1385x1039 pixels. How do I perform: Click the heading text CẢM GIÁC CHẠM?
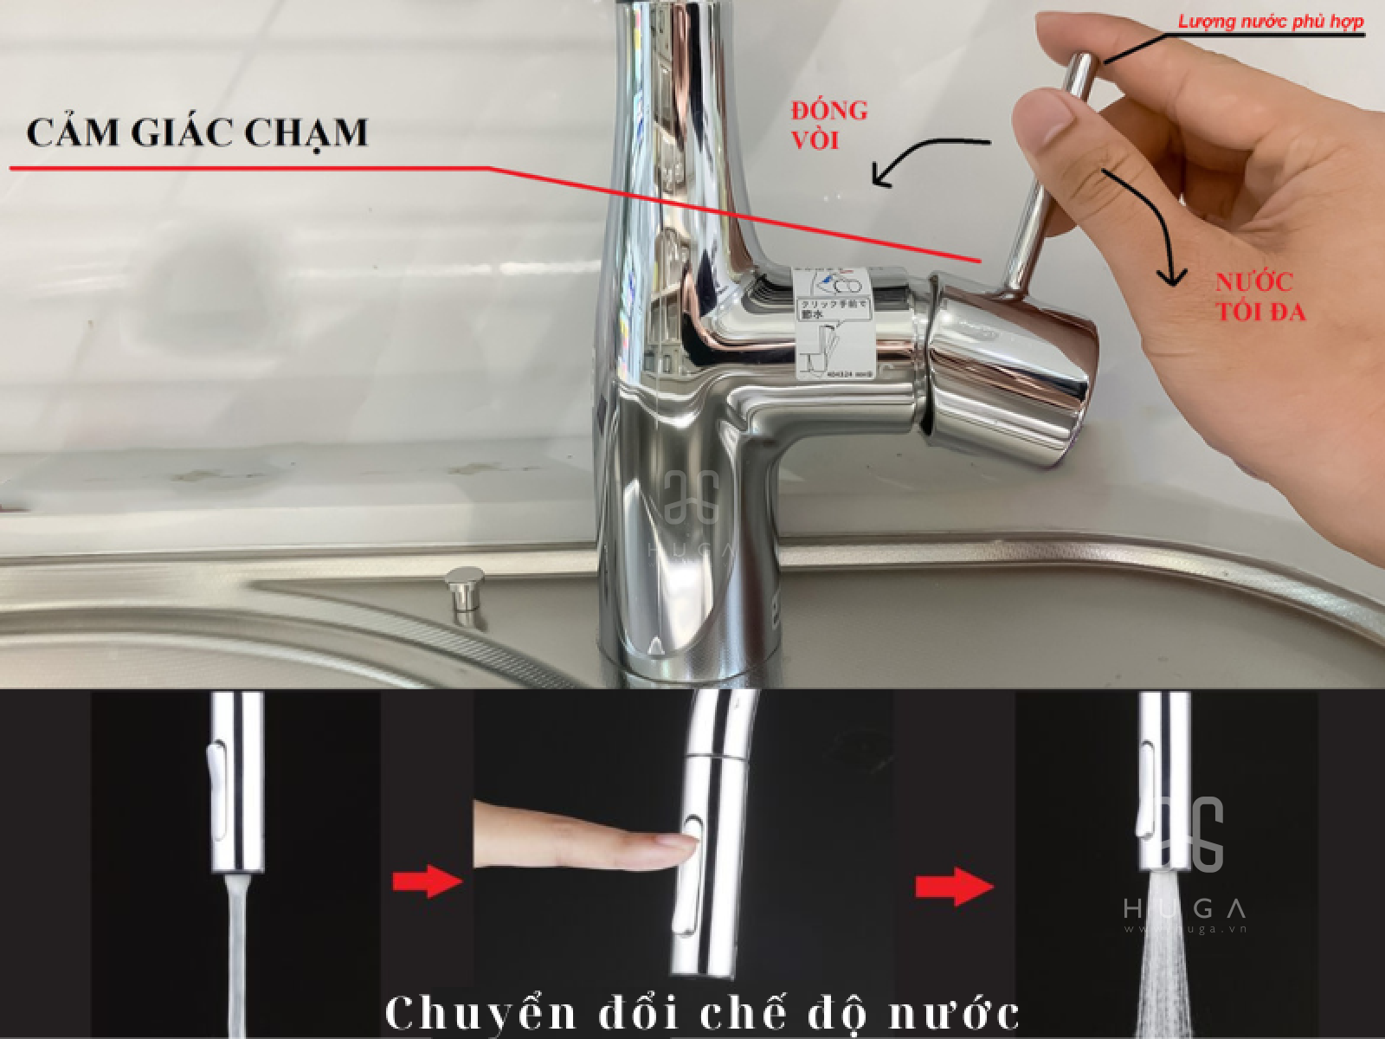coord(197,133)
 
